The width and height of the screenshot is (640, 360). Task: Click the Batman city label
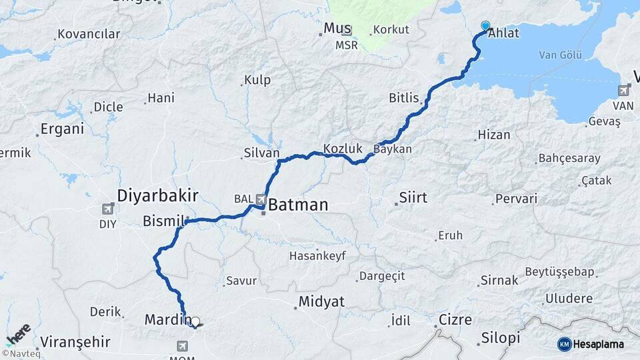click(x=298, y=205)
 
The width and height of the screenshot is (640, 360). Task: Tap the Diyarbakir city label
click(x=158, y=195)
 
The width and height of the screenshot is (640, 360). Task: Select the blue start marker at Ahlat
click(x=485, y=26)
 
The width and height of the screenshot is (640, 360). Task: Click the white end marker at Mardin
click(x=195, y=321)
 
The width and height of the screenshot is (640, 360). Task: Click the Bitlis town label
click(x=404, y=98)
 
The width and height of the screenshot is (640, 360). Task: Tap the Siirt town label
click(x=413, y=197)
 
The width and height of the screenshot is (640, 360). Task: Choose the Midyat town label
click(x=321, y=301)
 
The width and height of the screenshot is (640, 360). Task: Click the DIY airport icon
click(x=108, y=209)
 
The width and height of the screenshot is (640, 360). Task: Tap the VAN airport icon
click(x=624, y=90)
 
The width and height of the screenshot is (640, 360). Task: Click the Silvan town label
click(x=261, y=153)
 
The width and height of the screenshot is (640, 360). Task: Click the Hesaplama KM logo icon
click(x=565, y=344)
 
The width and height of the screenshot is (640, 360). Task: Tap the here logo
click(x=18, y=334)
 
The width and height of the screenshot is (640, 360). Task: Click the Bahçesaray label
click(x=569, y=159)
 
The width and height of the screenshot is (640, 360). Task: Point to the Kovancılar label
click(x=89, y=33)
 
